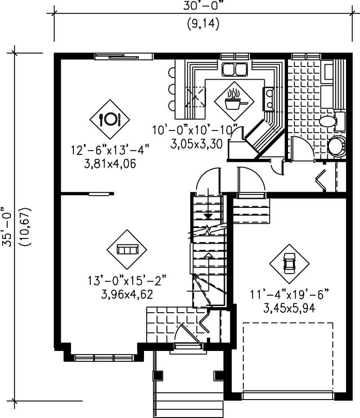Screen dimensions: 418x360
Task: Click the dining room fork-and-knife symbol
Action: click(109, 119)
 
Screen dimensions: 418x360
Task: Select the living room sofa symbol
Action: click(127, 249)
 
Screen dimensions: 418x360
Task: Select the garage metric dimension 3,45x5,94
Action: click(289, 308)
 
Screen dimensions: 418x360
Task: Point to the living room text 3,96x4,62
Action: click(127, 295)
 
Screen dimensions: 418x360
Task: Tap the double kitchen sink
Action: click(234, 70)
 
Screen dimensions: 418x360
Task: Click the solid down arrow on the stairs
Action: click(207, 216)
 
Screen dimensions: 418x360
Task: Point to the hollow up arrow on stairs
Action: click(207, 256)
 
